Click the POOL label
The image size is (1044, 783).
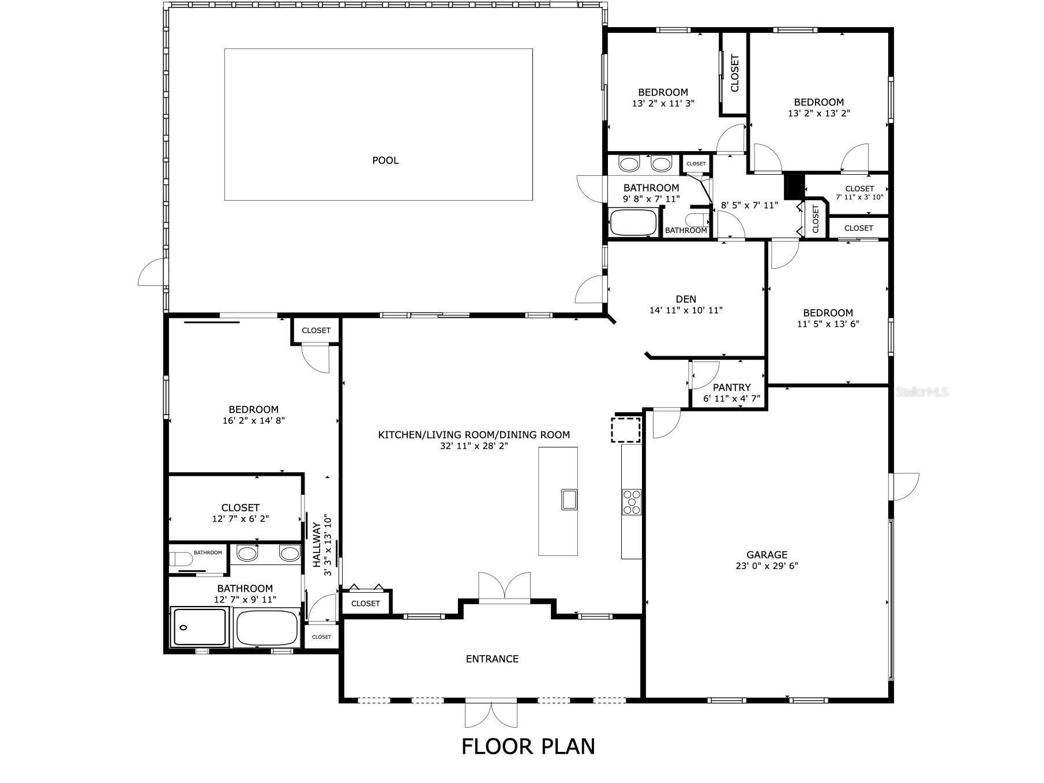(x=385, y=160)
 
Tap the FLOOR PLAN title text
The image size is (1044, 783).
(x=528, y=746)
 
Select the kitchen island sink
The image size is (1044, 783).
(x=569, y=499)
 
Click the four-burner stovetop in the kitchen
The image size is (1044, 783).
(x=632, y=502)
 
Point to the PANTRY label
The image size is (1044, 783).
(x=731, y=387)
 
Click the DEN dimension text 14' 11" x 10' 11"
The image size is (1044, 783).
(x=686, y=310)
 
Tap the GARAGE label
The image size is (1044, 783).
(x=767, y=555)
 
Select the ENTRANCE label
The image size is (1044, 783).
(x=492, y=658)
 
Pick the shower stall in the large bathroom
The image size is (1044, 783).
(x=200, y=627)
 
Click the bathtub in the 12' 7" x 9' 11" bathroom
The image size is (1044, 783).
(x=267, y=628)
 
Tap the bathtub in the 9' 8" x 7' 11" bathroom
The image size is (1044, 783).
(x=633, y=223)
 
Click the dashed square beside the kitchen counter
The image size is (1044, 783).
(x=626, y=430)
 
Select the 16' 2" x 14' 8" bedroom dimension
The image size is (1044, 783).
(x=253, y=421)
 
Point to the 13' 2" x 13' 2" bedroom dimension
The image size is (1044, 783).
(x=818, y=114)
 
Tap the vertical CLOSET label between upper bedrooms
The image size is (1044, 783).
(x=735, y=73)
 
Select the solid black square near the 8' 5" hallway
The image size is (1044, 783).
(x=794, y=186)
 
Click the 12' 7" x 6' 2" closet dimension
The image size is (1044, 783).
(x=241, y=519)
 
